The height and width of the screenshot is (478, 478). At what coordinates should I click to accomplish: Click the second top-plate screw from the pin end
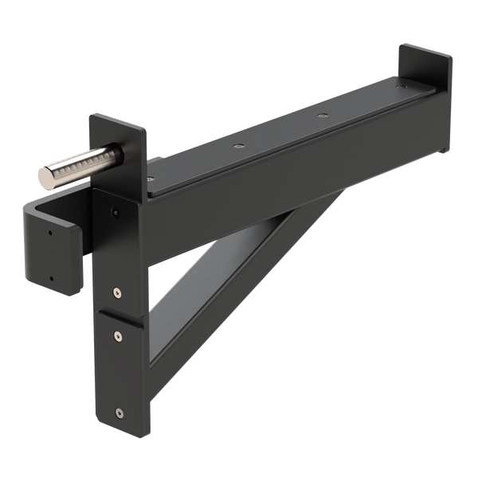[x=236, y=146]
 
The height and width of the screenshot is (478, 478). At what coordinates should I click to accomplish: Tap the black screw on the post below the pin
[x=116, y=212]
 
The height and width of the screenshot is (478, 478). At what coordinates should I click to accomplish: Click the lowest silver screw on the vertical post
[x=119, y=412]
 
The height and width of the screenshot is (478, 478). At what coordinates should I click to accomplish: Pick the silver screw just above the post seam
[x=117, y=292]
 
